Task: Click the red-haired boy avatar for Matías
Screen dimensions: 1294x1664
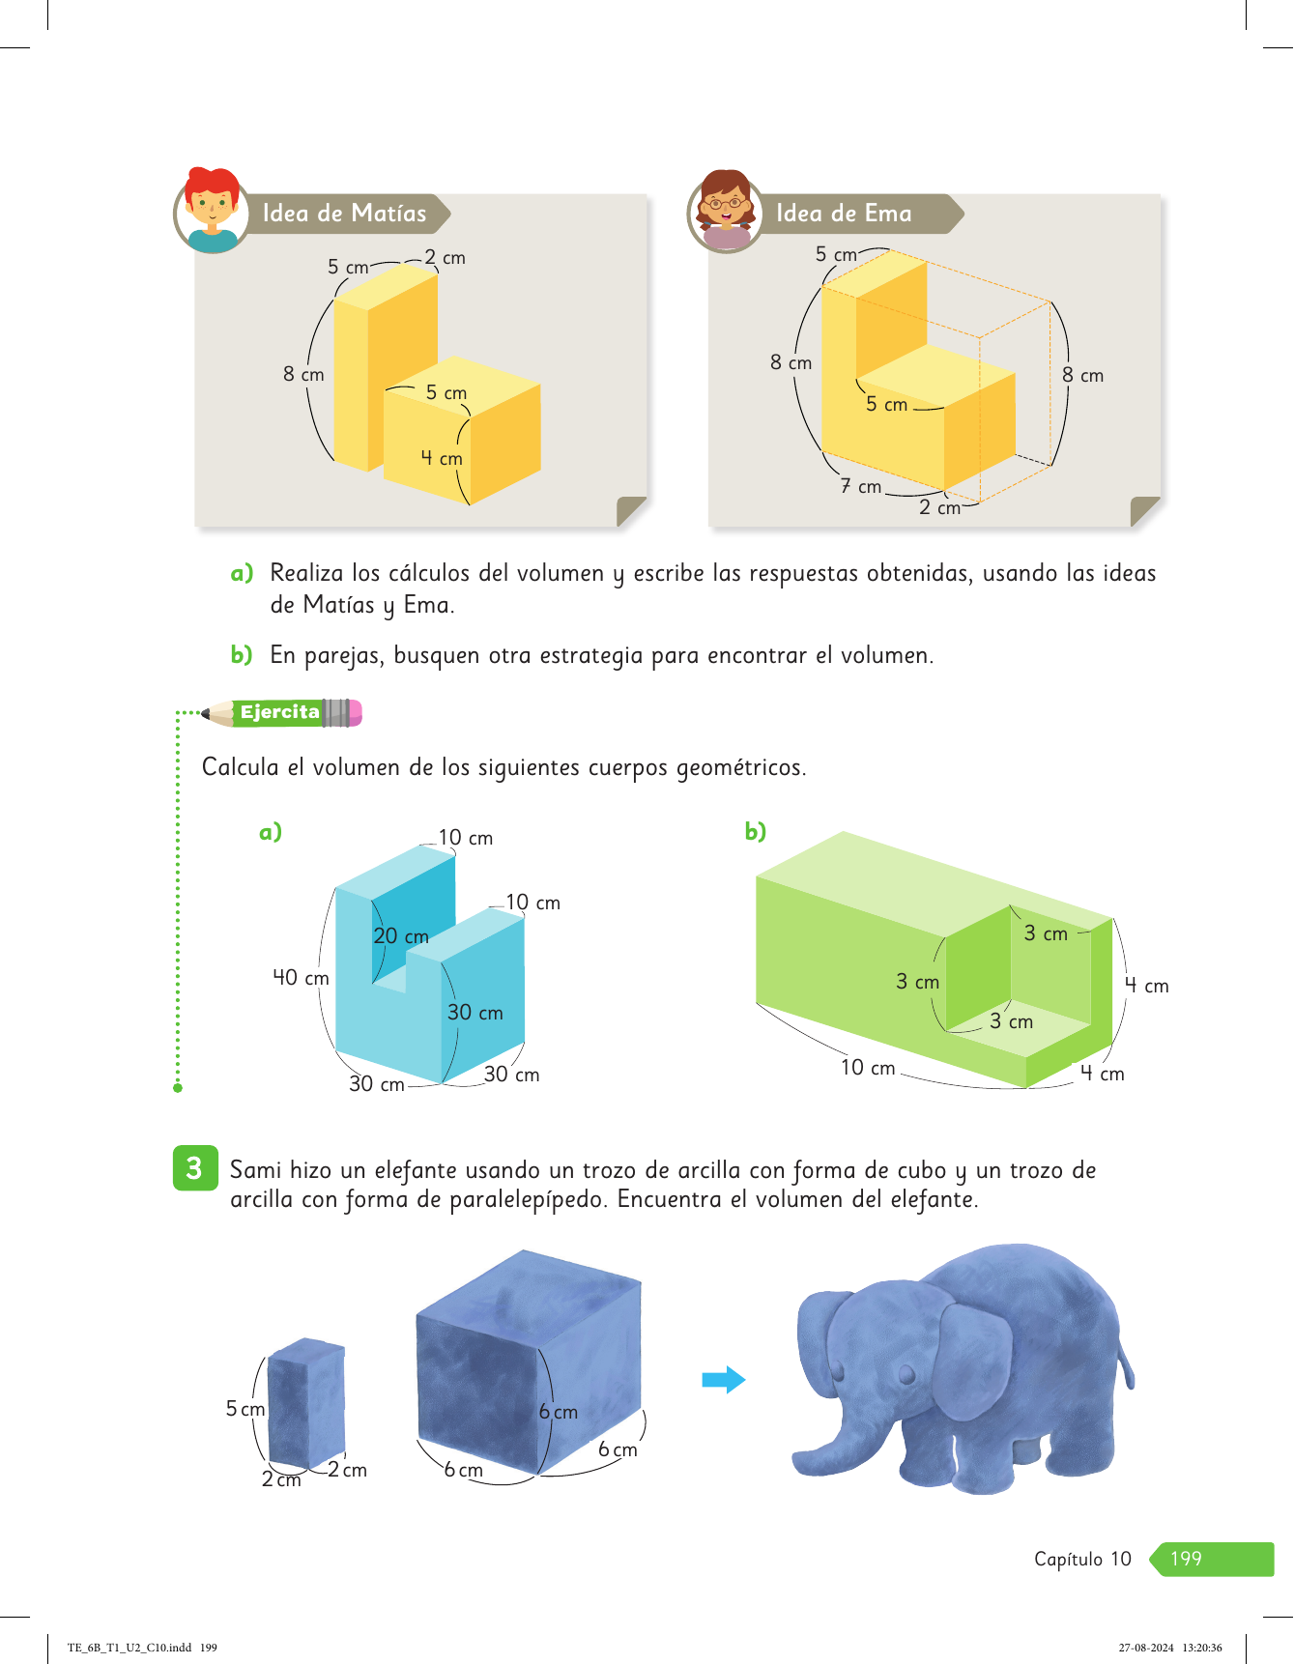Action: [213, 210]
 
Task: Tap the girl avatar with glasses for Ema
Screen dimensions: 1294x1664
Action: [726, 211]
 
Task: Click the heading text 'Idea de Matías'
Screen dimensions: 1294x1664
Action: [344, 214]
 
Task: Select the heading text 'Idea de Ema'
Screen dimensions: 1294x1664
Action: [844, 214]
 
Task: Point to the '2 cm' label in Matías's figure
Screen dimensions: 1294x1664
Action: [445, 258]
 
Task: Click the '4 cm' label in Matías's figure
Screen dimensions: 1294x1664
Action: [442, 458]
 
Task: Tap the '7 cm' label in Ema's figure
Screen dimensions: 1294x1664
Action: [861, 486]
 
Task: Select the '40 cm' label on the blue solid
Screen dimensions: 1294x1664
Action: [301, 978]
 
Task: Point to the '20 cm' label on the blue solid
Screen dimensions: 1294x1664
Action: [401, 936]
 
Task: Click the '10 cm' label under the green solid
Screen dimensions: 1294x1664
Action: [868, 1068]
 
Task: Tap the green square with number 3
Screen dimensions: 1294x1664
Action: [195, 1168]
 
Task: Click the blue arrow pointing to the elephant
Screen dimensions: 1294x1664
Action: [724, 1380]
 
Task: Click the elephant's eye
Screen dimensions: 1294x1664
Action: [906, 1374]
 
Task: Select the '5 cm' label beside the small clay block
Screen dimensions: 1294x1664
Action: [245, 1409]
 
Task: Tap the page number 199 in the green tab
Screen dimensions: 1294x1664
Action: [1186, 1559]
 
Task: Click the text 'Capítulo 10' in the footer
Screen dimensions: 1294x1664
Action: [1082, 1559]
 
